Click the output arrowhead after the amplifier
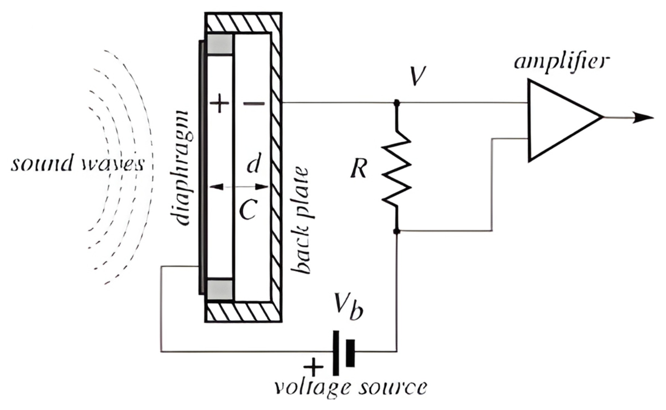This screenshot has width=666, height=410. tap(643, 118)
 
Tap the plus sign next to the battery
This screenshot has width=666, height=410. tap(313, 367)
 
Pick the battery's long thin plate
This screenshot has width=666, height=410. tap(335, 353)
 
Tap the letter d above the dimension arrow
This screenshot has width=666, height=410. tap(253, 165)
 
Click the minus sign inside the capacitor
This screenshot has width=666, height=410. tap(254, 104)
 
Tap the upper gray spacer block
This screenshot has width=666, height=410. tap(220, 44)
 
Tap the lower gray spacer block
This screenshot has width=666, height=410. tap(220, 289)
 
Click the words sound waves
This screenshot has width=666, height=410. tap(77, 164)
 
